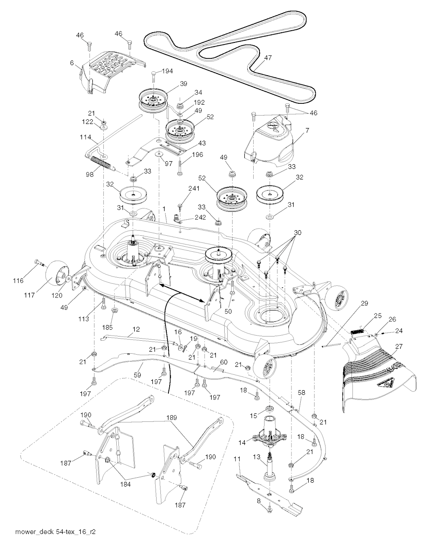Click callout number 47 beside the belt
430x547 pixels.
(x=267, y=58)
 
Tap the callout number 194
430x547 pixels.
(x=167, y=71)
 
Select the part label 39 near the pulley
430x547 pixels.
(x=184, y=84)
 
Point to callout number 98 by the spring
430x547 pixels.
(x=90, y=174)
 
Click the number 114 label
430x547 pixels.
(x=85, y=137)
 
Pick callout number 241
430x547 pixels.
(x=194, y=188)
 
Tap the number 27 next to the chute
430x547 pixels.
(x=399, y=347)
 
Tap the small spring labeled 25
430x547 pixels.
(x=358, y=332)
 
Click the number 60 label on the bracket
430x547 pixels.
(x=224, y=362)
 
